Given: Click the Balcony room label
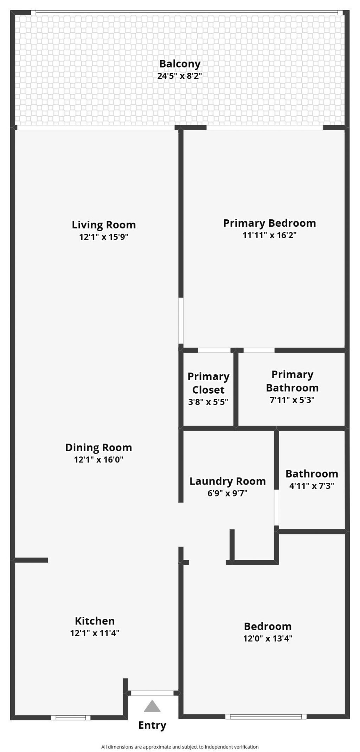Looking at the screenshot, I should point(180,64).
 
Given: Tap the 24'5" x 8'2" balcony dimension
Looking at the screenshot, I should point(180,76).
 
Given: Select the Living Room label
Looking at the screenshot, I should point(104,225).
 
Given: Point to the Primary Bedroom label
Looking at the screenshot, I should point(269,223).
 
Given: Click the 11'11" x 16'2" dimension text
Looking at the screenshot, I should point(269,235).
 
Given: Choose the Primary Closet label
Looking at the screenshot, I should point(208,383).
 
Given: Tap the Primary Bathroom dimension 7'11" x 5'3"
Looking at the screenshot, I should point(292,400).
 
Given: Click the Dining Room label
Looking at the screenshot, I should point(98,447).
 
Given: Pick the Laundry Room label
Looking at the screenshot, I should point(227,481).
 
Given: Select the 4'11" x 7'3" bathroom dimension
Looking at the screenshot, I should point(311,486).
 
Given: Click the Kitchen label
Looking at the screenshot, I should point(95,621).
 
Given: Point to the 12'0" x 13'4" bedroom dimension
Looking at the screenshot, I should point(268,638).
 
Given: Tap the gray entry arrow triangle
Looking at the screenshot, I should point(152,706).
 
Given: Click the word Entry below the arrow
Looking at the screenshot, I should point(152,725).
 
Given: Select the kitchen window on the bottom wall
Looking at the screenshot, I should point(71,718).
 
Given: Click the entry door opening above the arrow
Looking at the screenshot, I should point(152,693).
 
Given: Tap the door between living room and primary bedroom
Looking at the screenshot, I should point(181,320).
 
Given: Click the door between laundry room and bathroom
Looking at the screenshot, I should point(277,507).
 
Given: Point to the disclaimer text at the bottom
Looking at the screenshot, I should point(180,747).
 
